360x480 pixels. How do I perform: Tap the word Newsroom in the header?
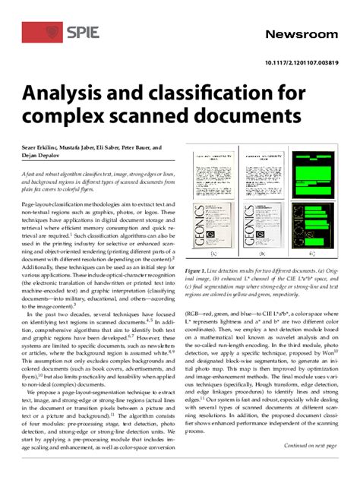[x=300, y=35]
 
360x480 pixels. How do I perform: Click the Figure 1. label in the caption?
[x=200, y=270]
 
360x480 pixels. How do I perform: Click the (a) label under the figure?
[x=213, y=254]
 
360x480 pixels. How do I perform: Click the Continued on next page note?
[x=310, y=446]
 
